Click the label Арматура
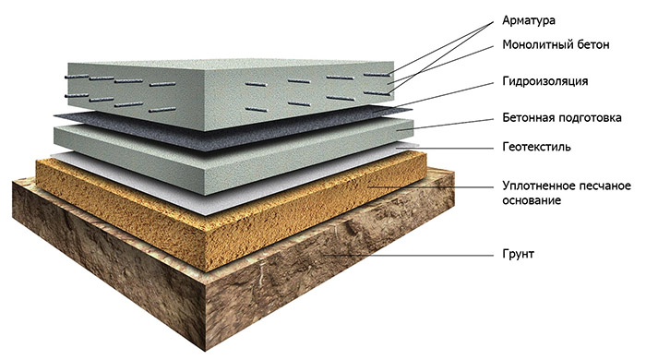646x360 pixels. coord(529,20)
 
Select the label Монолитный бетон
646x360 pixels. coord(556,44)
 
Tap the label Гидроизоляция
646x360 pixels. coord(545,80)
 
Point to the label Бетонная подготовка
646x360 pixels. coord(562,118)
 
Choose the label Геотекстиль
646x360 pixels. coord(536,147)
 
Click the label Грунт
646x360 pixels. coord(518,254)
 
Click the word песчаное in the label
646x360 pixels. coord(604,186)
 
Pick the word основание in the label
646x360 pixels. coord(532,200)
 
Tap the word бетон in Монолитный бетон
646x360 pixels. coord(592,44)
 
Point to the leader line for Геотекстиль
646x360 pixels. coord(445,147)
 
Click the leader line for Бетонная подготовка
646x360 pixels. coord(445,125)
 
